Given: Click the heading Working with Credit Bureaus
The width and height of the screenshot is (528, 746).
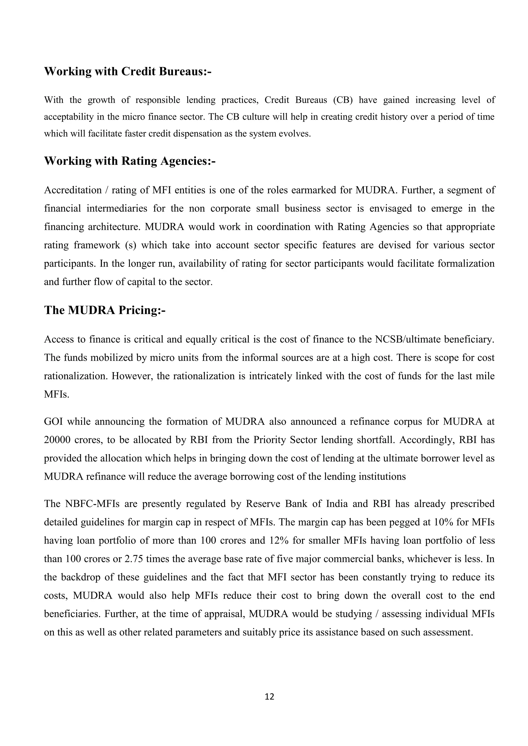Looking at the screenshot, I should tap(127, 71).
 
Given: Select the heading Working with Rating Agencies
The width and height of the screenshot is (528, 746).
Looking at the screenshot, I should tap(130, 161).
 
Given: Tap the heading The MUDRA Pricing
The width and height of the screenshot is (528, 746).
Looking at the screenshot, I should tap(105, 310).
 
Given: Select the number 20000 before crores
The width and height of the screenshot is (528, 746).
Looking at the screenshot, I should tap(57, 440).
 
